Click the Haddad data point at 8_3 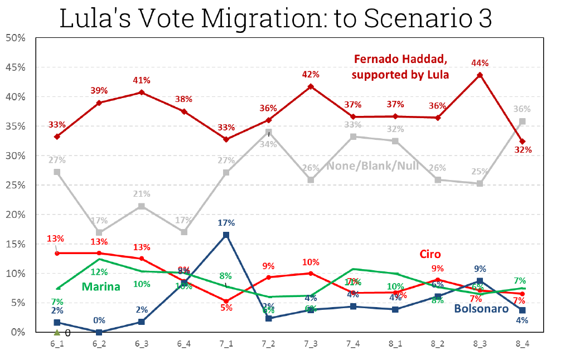coord(480,75)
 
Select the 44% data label coord(480,64)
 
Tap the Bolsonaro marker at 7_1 coord(226,235)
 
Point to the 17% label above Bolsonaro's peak coord(226,223)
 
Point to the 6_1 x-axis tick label coord(57,344)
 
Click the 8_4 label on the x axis coord(521,344)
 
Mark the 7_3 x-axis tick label coord(311,344)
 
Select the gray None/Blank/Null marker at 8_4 coord(521,121)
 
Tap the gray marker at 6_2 coord(99,232)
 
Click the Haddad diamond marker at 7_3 coord(311,86)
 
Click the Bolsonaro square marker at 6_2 coord(99,332)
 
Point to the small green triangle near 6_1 coord(57,333)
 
